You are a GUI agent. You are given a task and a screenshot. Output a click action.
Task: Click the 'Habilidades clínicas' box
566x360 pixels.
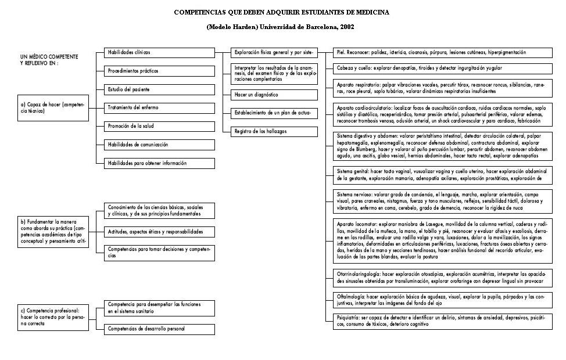click(x=159, y=52)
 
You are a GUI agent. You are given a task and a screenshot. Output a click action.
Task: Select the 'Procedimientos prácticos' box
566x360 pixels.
click(x=159, y=71)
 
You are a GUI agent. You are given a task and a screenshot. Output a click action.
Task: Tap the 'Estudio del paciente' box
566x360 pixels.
click(x=159, y=89)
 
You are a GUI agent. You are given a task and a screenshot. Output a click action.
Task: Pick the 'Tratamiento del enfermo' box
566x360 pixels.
click(x=159, y=107)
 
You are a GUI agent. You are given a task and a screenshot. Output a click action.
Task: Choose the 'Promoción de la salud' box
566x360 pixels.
click(x=159, y=126)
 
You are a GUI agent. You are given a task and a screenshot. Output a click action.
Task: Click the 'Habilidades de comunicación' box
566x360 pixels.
click(x=159, y=145)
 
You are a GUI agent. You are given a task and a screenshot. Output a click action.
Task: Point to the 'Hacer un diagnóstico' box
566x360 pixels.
click(x=274, y=94)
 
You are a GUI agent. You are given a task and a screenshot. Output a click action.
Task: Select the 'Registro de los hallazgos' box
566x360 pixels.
click(x=274, y=131)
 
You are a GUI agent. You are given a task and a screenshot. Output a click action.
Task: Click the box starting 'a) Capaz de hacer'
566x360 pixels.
click(x=52, y=108)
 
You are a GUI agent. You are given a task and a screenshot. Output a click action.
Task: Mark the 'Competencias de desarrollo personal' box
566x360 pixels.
click(x=159, y=329)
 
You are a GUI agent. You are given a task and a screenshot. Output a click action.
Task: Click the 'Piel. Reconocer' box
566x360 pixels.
click(x=442, y=52)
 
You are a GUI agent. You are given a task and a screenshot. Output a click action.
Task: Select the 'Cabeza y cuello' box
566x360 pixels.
click(x=442, y=68)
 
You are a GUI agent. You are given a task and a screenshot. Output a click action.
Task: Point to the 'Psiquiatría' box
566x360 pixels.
click(x=442, y=322)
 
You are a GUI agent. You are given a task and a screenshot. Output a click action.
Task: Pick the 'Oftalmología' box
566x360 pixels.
click(x=442, y=300)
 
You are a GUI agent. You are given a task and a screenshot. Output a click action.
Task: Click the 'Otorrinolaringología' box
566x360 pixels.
click(x=442, y=278)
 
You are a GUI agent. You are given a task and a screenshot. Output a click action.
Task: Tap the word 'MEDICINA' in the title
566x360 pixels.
click(x=369, y=12)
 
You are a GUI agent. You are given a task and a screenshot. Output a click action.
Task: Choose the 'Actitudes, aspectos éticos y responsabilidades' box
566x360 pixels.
click(x=159, y=232)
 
